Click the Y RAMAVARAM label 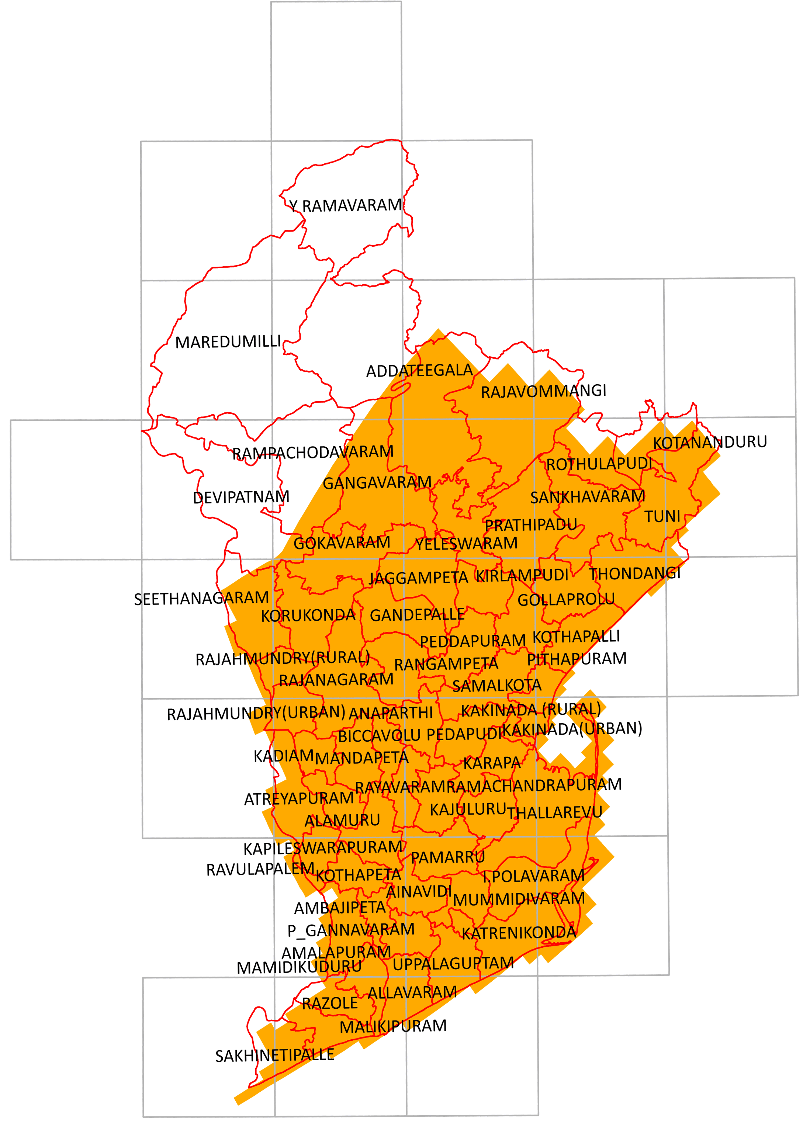[x=346, y=205]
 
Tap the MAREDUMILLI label [x=228, y=342]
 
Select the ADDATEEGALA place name [x=419, y=371]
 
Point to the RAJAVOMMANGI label [x=543, y=391]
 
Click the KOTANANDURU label [x=710, y=442]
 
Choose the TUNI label [x=662, y=516]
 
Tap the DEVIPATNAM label [x=241, y=497]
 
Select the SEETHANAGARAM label [x=201, y=599]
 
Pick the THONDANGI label [x=634, y=573]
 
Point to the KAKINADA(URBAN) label [x=572, y=729]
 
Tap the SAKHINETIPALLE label [x=275, y=1055]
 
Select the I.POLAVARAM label [x=533, y=876]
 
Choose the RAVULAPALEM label [x=260, y=869]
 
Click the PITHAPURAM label [x=577, y=659]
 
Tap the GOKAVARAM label [x=342, y=543]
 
